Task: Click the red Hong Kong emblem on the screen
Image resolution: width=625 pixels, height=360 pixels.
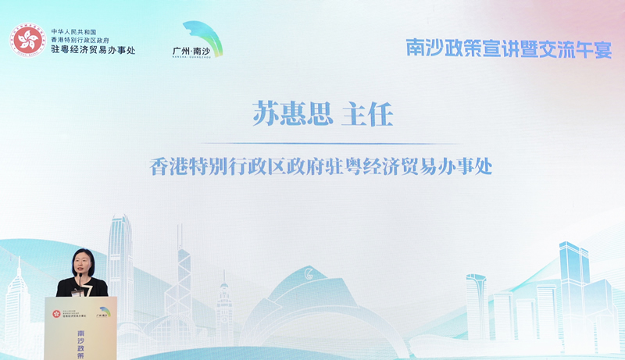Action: point(28,41)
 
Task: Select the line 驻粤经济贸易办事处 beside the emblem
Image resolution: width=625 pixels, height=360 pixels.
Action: point(93,50)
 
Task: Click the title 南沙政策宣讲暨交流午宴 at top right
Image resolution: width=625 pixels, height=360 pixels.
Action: point(509,47)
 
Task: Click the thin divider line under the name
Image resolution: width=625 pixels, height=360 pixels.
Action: point(321,143)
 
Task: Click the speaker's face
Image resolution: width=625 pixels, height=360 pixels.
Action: point(84,263)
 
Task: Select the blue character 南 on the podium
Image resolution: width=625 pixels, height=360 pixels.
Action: point(82,331)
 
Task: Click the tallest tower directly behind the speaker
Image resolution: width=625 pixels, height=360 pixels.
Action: point(121,258)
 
